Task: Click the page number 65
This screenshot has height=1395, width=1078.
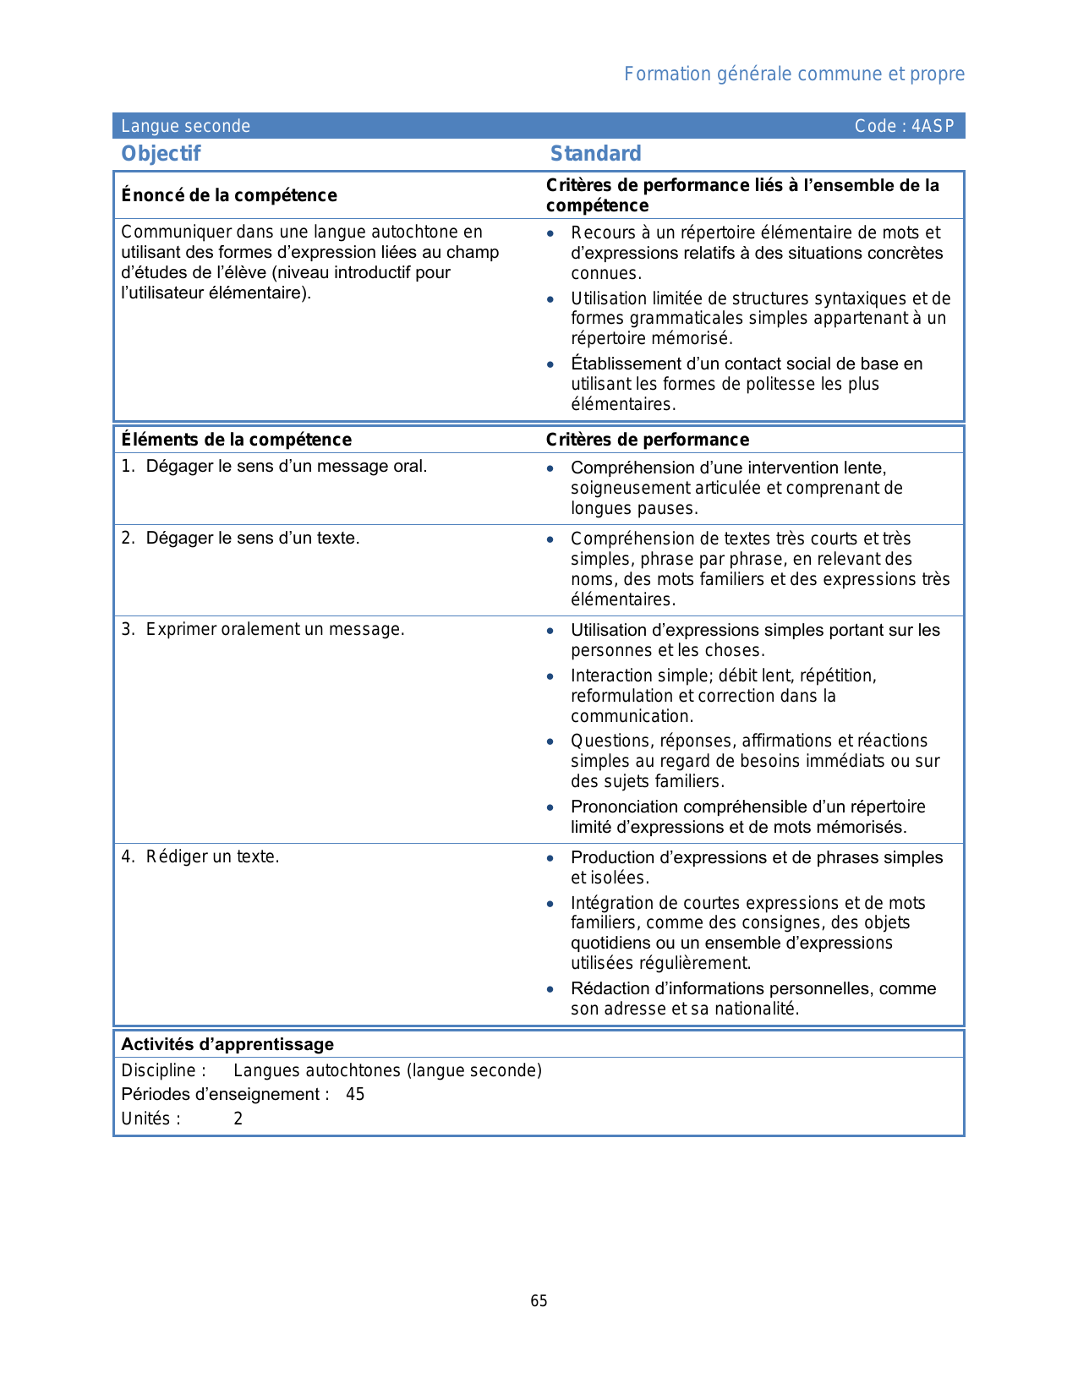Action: point(539,1301)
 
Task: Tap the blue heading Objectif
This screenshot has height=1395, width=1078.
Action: point(161,153)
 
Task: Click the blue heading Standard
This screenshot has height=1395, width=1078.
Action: point(595,153)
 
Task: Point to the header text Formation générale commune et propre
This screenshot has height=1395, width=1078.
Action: point(794,74)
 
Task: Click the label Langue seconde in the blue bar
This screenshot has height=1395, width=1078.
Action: point(185,126)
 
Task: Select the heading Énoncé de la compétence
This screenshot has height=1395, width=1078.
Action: point(228,195)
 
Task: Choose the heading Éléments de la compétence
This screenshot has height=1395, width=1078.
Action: point(236,440)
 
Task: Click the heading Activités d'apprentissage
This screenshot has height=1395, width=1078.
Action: point(227,1044)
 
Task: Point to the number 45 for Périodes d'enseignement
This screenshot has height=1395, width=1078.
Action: point(355,1094)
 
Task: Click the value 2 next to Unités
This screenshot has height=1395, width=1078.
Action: point(238,1119)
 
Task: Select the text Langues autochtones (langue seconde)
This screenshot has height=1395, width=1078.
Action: point(387,1070)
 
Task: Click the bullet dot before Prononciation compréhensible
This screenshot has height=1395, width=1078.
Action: point(550,807)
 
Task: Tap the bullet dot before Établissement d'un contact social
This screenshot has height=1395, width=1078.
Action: point(550,364)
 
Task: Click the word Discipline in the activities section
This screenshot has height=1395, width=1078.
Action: point(158,1070)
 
